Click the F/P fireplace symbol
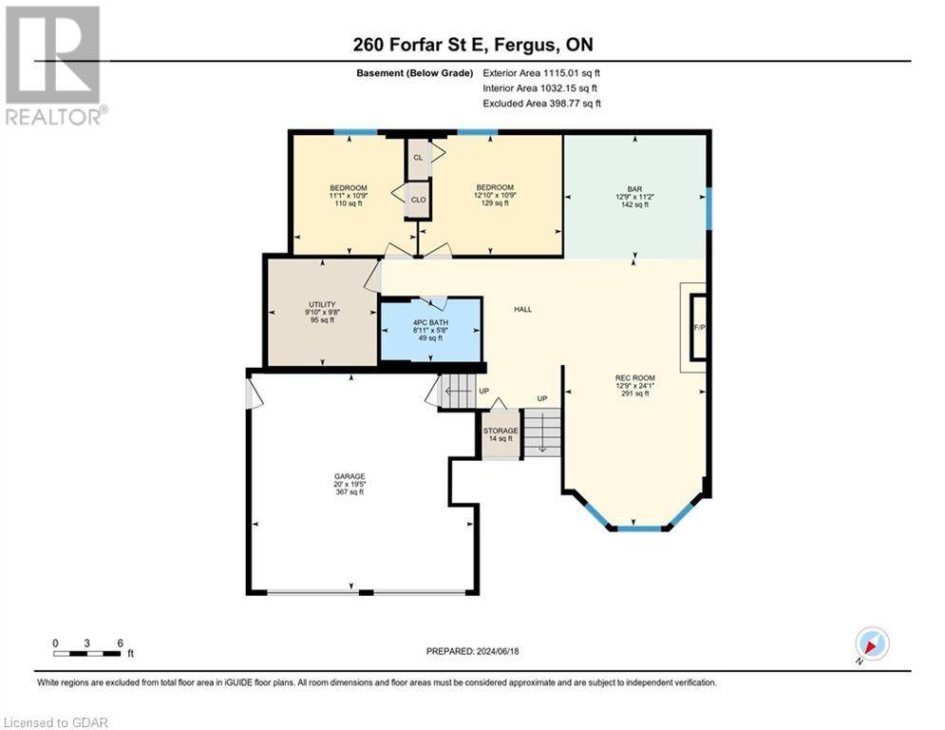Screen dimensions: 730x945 (699, 328)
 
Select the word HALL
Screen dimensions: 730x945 (523, 309)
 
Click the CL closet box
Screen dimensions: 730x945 (418, 158)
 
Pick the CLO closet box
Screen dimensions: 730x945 (418, 200)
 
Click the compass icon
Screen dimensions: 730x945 (871, 644)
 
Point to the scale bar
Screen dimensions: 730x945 (87, 652)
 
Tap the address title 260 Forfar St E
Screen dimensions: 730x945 (471, 44)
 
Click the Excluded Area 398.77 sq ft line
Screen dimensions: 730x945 (541, 104)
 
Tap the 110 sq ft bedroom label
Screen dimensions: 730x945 (348, 196)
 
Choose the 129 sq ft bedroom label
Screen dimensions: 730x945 (495, 195)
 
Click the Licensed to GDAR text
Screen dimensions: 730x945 (57, 722)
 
